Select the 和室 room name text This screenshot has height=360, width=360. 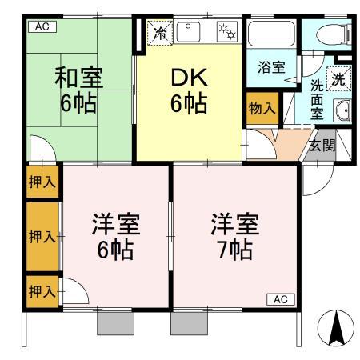tap(78, 78)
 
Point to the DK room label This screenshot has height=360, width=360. tap(190, 78)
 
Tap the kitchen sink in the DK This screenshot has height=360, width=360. tap(192, 33)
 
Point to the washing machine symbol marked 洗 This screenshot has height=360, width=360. tap(338, 79)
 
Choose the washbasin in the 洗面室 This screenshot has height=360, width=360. tap(343, 111)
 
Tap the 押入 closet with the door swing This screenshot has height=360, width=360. tap(42, 290)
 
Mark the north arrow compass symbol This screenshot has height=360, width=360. tap(336, 328)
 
